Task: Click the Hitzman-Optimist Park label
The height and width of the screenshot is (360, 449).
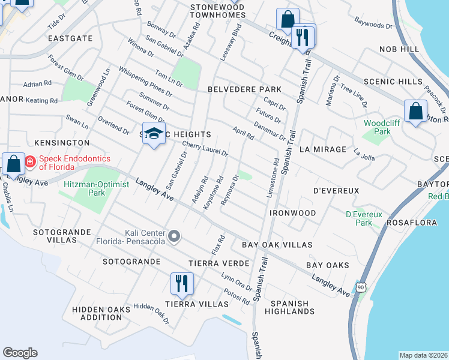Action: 96,188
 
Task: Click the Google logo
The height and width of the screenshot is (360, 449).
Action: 19,353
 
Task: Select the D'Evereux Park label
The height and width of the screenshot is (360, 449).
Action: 360,218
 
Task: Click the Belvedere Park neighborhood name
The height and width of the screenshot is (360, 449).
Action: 244,89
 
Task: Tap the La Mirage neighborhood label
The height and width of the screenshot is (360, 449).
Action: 322,149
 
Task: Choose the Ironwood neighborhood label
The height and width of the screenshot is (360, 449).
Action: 293,213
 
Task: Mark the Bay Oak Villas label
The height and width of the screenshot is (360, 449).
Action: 277,245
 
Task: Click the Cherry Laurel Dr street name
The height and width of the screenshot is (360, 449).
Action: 205,148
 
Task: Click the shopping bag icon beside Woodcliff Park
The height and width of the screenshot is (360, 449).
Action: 415,112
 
